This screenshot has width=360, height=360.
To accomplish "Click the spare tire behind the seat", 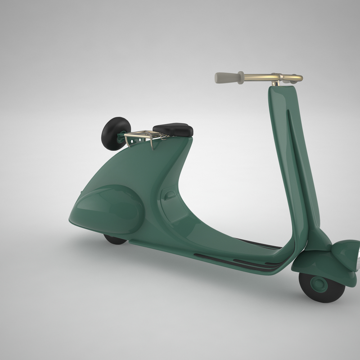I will (x=115, y=133).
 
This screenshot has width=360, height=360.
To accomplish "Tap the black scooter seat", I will (x=173, y=130).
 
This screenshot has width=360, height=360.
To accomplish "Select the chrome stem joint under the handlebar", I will (x=275, y=83).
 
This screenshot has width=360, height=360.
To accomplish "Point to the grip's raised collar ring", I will (x=241, y=77).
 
